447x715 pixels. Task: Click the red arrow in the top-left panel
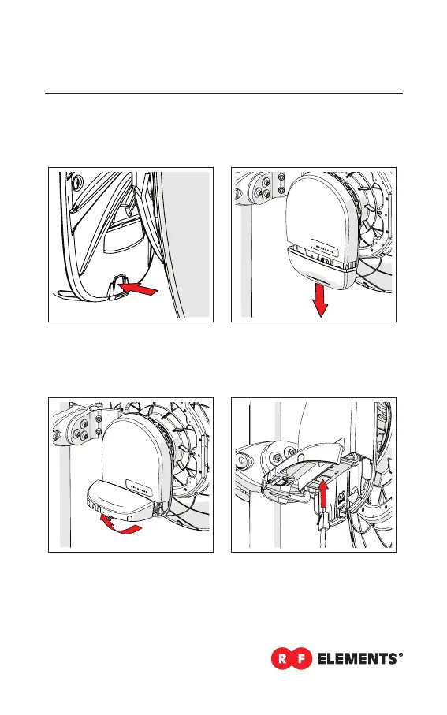138,289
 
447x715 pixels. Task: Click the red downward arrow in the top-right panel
320,300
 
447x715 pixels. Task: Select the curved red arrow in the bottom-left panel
120,525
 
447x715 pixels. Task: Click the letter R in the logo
282,658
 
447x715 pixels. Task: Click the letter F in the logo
302,658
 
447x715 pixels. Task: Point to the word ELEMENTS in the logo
357,659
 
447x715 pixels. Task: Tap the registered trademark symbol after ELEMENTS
400,655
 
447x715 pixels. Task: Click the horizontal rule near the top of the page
224,94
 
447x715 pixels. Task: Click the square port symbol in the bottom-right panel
341,494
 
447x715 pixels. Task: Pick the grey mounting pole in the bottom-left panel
65,475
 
